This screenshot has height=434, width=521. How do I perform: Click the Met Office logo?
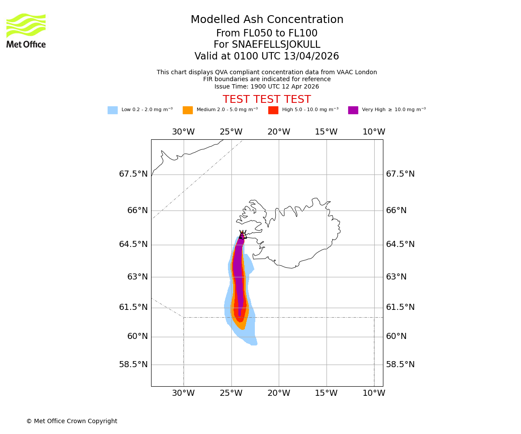26,30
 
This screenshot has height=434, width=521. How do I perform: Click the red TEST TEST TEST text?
267,100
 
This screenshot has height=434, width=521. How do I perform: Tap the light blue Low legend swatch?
112,110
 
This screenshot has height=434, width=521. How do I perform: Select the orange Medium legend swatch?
188,110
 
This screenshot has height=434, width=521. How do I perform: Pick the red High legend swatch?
273,110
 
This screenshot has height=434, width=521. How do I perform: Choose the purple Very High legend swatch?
353,110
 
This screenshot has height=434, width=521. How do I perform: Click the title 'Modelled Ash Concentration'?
267,20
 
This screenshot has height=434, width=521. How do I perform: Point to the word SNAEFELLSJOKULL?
276,45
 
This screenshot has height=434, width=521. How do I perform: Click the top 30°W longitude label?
183,132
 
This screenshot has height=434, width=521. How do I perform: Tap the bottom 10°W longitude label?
374,393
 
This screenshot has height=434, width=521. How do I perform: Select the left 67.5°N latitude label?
133,174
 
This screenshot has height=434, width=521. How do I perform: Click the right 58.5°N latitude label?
400,365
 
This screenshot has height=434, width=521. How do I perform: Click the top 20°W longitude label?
279,132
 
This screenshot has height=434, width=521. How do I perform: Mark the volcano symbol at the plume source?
242,235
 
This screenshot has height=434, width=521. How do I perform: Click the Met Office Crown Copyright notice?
72,421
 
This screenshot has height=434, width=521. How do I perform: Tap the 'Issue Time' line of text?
267,87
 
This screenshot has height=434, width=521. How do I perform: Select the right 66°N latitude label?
396,210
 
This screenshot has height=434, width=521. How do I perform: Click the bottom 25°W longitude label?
231,393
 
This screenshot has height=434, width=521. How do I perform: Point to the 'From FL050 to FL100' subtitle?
267,33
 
